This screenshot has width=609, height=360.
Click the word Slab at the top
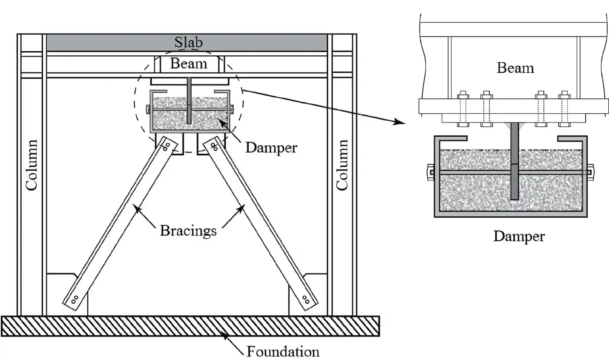coord(188,42)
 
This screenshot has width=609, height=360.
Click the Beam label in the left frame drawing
coord(188,63)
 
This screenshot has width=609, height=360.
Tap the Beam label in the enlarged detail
coord(515,68)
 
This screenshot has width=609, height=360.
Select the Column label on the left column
coord(32,165)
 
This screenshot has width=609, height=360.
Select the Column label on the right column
coord(342,165)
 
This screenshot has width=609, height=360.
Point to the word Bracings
coord(188,231)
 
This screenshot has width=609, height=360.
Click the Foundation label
coord(283,351)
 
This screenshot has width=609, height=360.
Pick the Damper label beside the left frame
coord(271,148)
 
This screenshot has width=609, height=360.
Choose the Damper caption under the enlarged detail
coord(519,236)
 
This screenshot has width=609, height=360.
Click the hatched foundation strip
coord(190,326)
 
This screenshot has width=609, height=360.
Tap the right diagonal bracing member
coord(261,223)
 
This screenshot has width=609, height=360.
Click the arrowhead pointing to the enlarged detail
coord(399,123)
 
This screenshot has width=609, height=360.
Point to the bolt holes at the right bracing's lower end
coord(305,299)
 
